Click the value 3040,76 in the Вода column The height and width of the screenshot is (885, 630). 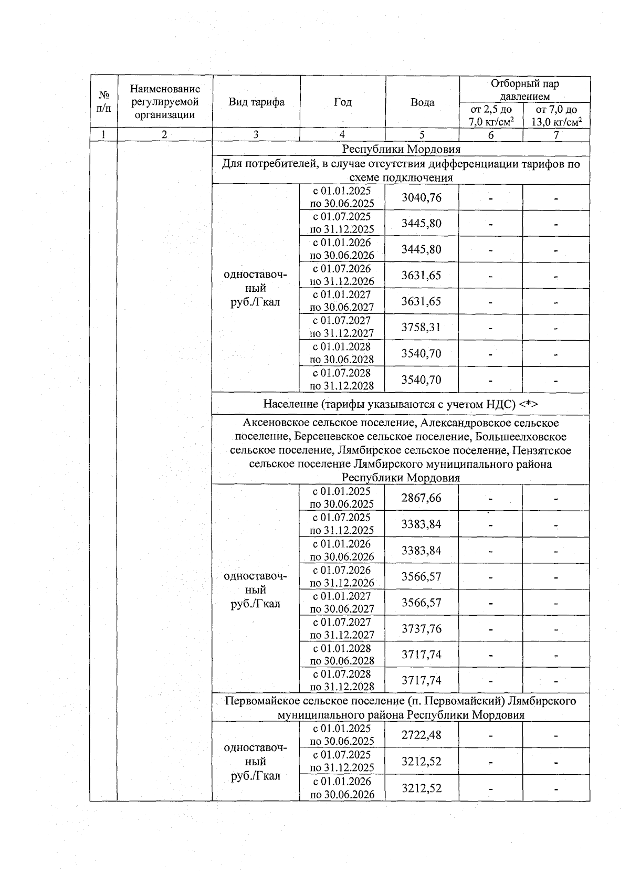(422, 198)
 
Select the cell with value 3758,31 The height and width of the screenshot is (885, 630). (422, 328)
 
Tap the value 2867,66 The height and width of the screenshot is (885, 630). (422, 498)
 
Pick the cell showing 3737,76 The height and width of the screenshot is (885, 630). (422, 628)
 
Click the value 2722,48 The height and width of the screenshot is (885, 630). (422, 735)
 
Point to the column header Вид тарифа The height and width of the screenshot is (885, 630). (256, 102)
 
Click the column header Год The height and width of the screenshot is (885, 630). (342, 102)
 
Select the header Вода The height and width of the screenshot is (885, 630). (422, 102)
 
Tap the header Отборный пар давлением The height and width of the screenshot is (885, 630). (524, 90)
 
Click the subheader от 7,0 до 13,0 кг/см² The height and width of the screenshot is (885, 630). (556, 116)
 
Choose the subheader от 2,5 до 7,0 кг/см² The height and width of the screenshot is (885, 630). (491, 116)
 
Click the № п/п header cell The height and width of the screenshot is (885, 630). (103, 102)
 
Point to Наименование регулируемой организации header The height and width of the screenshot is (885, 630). (165, 102)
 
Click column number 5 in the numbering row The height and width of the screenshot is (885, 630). (422, 135)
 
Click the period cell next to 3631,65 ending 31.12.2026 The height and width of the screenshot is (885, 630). (342, 275)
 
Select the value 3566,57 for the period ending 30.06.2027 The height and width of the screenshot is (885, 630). (422, 603)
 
